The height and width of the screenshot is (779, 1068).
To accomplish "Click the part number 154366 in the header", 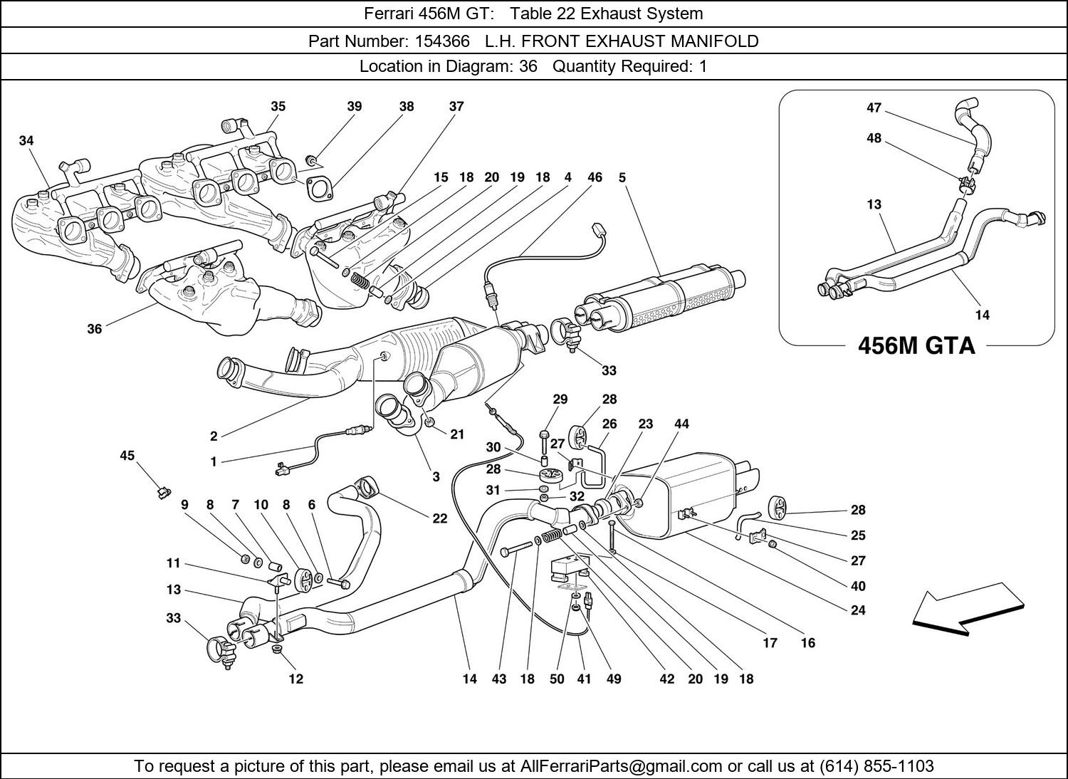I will [x=439, y=41].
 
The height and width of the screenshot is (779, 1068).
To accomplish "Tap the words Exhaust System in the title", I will [x=639, y=14].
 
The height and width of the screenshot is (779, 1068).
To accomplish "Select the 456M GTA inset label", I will [x=916, y=345].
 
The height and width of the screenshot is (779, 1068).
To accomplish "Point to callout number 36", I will [x=95, y=328].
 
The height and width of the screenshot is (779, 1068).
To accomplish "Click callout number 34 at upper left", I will [x=26, y=141].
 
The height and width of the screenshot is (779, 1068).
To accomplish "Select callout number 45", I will [x=127, y=456].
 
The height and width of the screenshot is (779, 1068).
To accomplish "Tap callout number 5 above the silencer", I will [x=622, y=177].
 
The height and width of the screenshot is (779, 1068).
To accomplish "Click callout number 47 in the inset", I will [x=874, y=108].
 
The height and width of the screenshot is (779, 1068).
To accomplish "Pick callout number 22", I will [x=440, y=518].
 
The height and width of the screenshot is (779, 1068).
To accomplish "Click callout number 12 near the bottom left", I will [x=295, y=679].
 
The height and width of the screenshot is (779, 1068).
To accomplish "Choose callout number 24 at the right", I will [x=858, y=610].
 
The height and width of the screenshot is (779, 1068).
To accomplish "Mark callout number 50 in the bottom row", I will [x=557, y=679].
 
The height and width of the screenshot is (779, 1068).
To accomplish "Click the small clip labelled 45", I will [x=163, y=491].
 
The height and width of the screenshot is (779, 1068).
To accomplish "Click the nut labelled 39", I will [x=311, y=158].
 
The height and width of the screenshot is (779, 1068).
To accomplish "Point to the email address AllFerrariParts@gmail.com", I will [x=622, y=766].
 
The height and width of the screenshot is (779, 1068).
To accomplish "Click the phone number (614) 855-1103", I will [x=876, y=766].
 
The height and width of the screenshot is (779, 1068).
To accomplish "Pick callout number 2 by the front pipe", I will [x=214, y=436].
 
